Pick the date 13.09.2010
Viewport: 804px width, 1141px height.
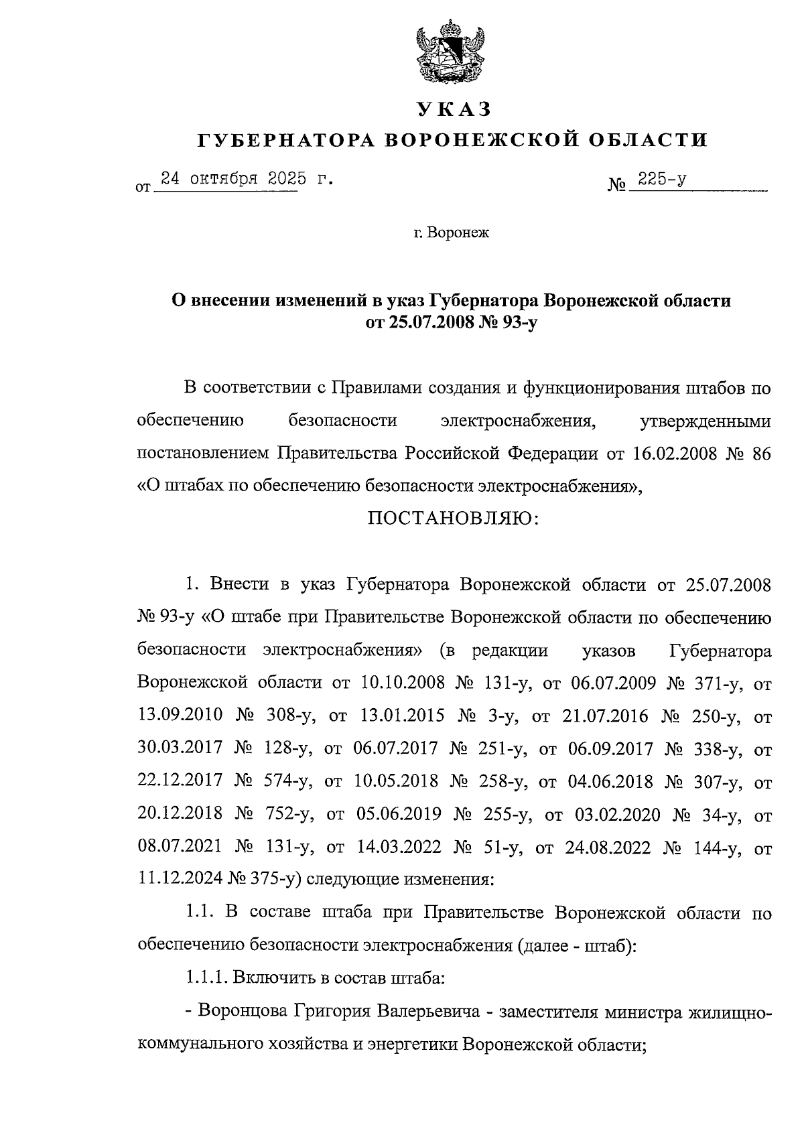coord(180,716)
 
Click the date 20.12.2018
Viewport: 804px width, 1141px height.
coord(180,815)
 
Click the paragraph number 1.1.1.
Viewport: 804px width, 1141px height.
coord(206,979)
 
